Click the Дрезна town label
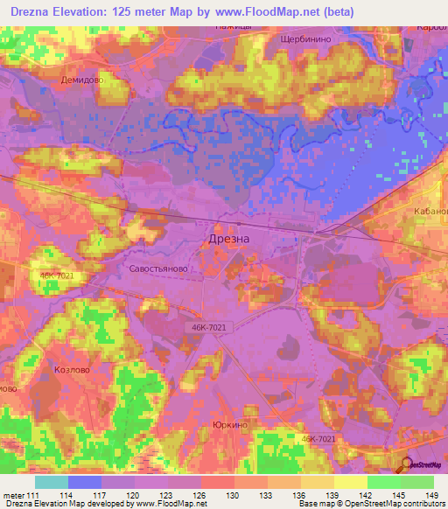point(228,239)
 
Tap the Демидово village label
point(83,79)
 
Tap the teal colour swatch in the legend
point(51,482)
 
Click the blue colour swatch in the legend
point(84,482)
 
